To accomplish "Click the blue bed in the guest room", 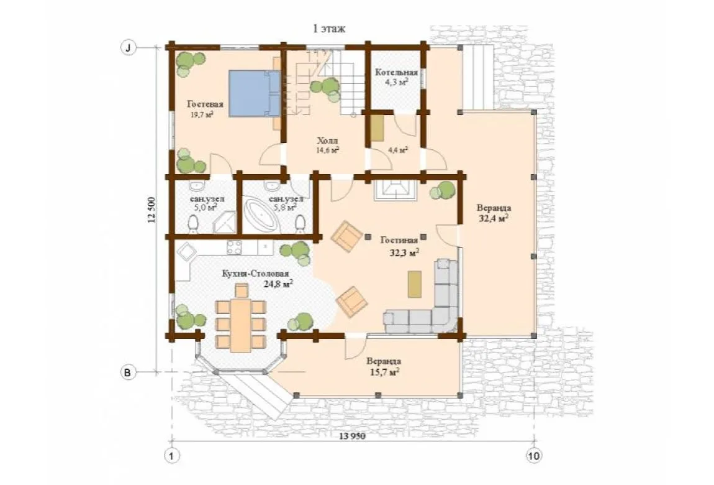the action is pos(254,93).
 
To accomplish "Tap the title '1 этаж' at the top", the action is pos(329,29).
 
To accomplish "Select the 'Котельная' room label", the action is pos(396,73).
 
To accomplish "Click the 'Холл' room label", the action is pos(327,141).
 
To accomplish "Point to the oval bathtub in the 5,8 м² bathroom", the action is pos(261,216).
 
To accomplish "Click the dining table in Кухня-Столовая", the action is pos(240,325).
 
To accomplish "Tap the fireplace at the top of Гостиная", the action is pos(395,190).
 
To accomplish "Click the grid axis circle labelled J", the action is pos(129,47).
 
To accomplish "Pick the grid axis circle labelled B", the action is pos(128,372).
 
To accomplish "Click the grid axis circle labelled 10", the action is pos(534,455).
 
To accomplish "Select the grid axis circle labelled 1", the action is pos(171,456).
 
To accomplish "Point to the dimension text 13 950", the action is pos(353,436).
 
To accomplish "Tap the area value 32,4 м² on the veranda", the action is pos(494,218).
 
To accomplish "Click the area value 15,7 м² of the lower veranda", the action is pos(385,372).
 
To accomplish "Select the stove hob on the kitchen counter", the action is pos(234,247).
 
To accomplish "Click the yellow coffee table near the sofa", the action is pos(414,284).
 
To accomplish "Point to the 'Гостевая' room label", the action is pos(205,104).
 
